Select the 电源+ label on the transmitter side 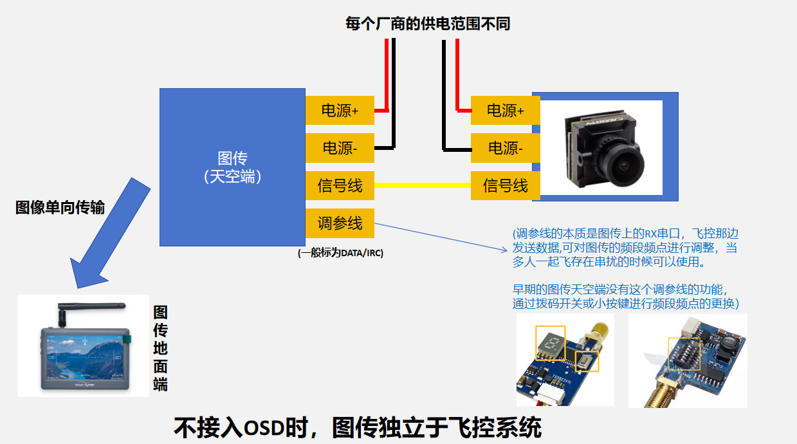coord(339,111)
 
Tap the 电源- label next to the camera coord(505,148)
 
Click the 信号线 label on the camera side coord(505,186)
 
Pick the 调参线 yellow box coord(339,223)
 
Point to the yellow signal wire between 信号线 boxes coord(422,185)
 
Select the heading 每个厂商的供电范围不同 coord(427,24)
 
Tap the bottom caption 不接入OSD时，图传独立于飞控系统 coord(358,428)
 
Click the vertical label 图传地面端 coord(160,348)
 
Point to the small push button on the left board coord(586,362)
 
